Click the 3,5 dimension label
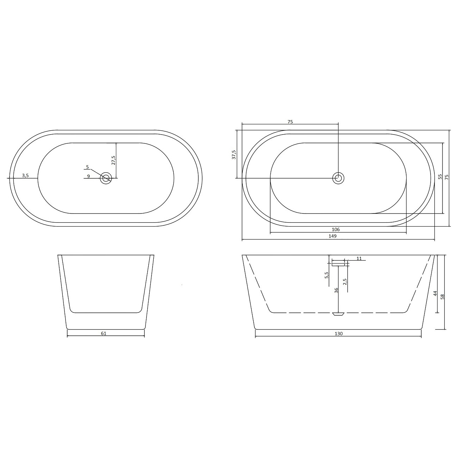(x=25, y=175)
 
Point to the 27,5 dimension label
(x=113, y=160)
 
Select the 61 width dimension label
(x=104, y=333)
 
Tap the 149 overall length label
(x=333, y=236)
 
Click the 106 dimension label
(x=335, y=229)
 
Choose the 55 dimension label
(x=440, y=177)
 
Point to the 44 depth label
(x=435, y=293)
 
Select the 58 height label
(x=442, y=297)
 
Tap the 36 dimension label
(x=336, y=290)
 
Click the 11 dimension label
(x=359, y=259)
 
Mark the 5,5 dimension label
(x=327, y=275)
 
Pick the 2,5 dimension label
(x=345, y=282)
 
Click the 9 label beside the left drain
(x=88, y=176)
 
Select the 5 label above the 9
(x=87, y=167)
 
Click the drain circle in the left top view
(x=106, y=178)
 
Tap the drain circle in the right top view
(x=338, y=178)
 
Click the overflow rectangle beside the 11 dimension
(x=338, y=263)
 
